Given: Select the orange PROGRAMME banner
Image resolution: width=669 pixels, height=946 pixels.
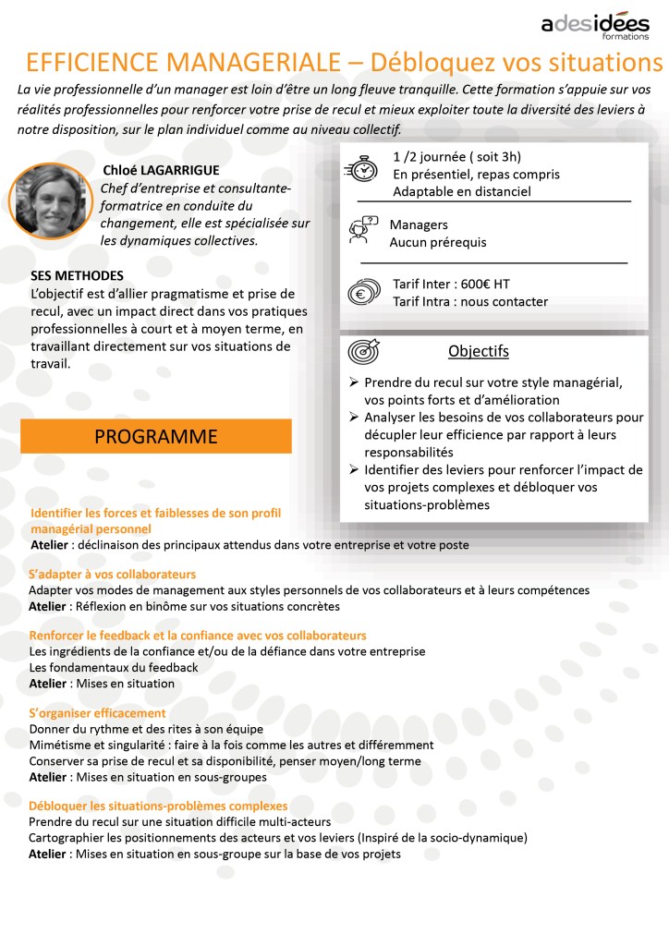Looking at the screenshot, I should click(156, 436).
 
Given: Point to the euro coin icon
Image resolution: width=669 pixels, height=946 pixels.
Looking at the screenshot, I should click(362, 293).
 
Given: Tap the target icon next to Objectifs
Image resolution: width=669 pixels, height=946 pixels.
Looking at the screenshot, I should click(362, 353).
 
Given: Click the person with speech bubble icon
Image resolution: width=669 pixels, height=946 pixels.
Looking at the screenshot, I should click(363, 230).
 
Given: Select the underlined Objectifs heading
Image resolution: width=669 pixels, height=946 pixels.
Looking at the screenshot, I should click(478, 352).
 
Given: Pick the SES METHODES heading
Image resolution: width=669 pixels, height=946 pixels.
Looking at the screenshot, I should click(77, 276).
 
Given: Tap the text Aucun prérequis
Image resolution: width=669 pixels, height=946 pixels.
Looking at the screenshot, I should click(437, 242).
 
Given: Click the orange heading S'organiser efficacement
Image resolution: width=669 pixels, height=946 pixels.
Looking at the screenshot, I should click(97, 713).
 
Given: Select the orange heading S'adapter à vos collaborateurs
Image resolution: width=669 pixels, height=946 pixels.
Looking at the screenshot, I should click(112, 575).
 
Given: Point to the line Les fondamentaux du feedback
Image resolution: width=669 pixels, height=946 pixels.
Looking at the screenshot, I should click(114, 667).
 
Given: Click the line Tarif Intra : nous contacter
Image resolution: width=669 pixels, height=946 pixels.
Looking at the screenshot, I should click(469, 301).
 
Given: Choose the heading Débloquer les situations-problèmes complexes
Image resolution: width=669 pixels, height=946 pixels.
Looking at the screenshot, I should click(158, 806).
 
